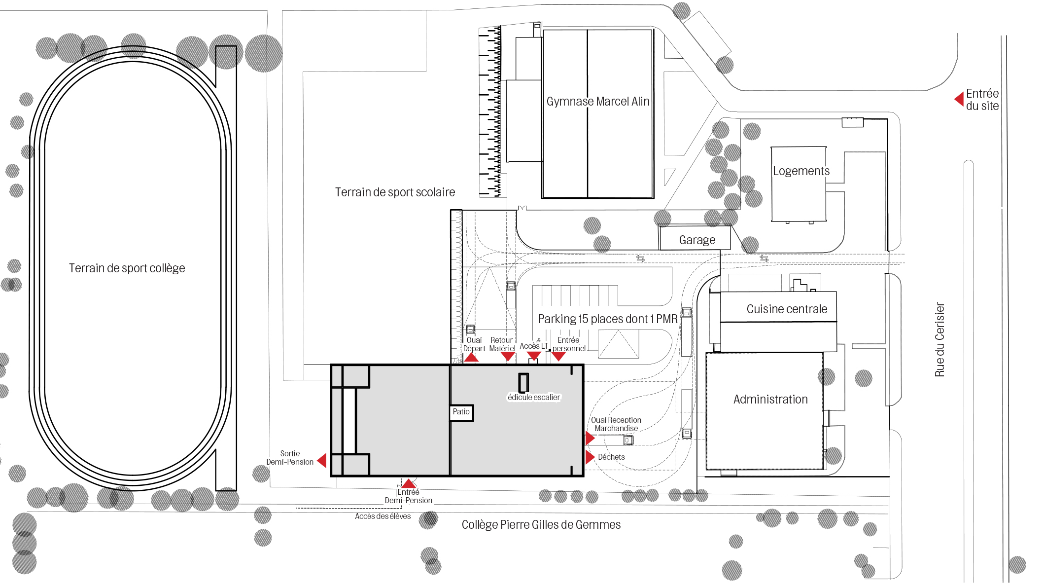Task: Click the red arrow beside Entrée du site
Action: (959, 99)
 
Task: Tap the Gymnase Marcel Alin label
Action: (598, 102)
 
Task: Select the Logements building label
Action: (801, 171)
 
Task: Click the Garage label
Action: (697, 240)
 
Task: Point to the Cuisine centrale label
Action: (787, 309)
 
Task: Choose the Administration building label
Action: (770, 400)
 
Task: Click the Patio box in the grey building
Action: (462, 412)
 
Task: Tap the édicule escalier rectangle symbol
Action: (523, 383)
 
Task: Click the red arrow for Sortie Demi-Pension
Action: (321, 460)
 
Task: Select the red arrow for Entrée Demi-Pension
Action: (409, 483)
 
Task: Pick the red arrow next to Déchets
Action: (590, 457)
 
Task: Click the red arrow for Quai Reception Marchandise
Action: (590, 438)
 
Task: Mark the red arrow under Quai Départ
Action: (472, 357)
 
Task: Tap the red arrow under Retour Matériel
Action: (508, 357)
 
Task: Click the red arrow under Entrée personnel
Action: (558, 357)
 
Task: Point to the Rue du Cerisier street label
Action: (940, 340)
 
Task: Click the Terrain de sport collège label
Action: (127, 268)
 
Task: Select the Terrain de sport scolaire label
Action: (395, 192)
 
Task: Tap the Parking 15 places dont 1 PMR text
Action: (608, 319)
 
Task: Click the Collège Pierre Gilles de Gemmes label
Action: (541, 525)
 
